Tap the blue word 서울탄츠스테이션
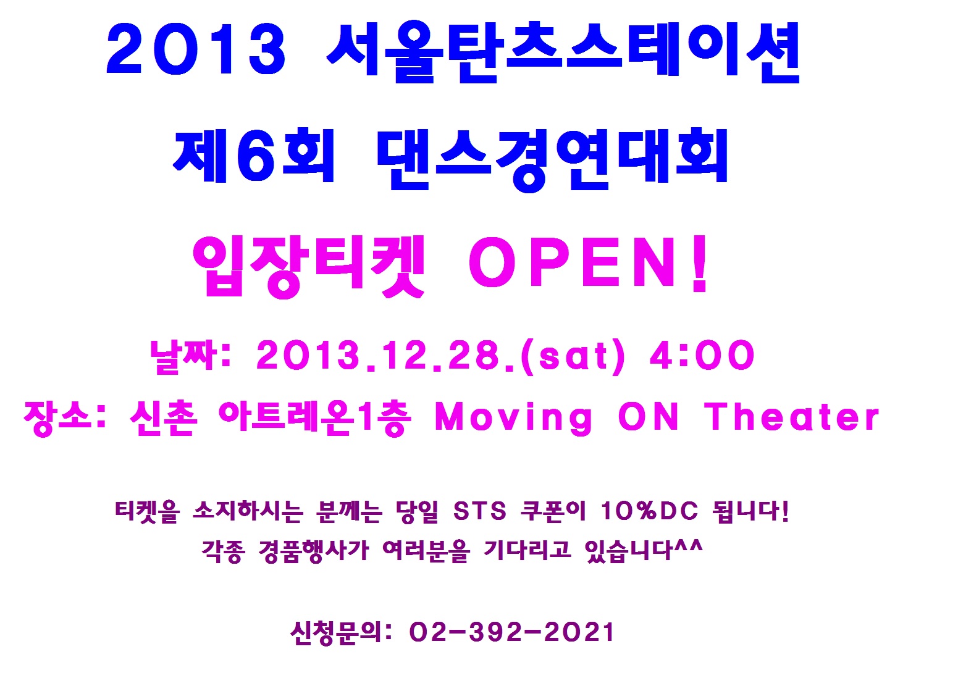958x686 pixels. [x=563, y=51]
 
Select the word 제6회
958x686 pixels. [x=253, y=155]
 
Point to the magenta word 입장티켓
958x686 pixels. [x=308, y=267]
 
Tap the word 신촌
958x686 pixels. [x=164, y=418]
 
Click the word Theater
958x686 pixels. [x=791, y=416]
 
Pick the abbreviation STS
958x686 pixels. [x=479, y=511]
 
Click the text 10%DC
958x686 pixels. [x=649, y=511]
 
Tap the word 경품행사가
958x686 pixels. [x=314, y=551]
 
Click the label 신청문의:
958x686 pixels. [x=341, y=632]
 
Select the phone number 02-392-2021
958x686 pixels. [x=511, y=632]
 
